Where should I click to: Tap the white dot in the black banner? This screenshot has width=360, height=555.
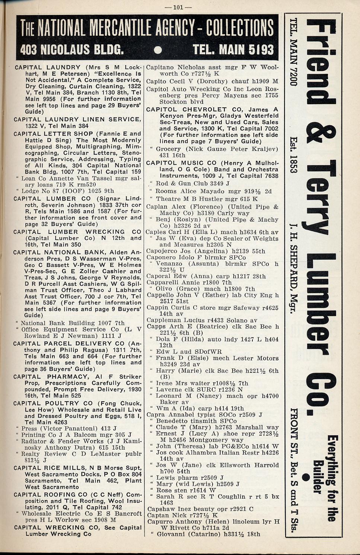[x=157, y=50]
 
